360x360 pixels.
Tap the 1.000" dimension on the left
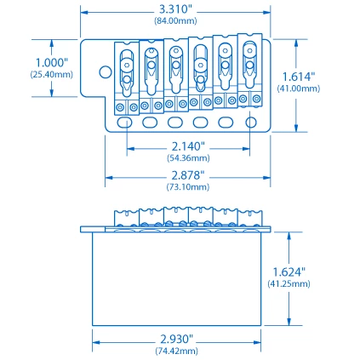[51, 63]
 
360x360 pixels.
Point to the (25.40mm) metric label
[51, 74]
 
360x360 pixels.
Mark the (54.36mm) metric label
[189, 157]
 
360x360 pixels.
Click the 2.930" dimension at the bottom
[177, 339]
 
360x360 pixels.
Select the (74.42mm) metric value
[177, 350]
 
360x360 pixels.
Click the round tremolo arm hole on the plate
[106, 74]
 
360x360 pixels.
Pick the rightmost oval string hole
[250, 123]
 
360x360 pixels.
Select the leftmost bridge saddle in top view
[127, 71]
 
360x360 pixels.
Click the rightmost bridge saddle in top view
[249, 66]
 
